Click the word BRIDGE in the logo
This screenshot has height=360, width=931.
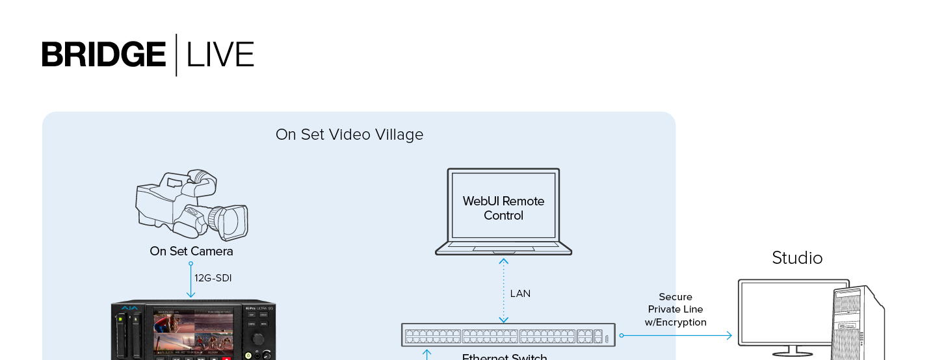click(104, 55)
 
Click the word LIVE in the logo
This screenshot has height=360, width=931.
click(220, 55)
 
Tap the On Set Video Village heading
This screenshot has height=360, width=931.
click(349, 135)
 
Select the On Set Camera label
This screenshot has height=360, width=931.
click(191, 251)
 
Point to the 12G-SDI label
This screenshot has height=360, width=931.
click(213, 278)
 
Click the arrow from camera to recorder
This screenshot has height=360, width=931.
click(191, 281)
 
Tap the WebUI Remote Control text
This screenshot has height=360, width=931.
click(503, 208)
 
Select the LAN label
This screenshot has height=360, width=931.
click(520, 294)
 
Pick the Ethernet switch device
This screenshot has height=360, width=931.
click(507, 335)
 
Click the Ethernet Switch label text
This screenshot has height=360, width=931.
click(505, 356)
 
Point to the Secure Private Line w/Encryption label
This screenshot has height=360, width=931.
click(675, 309)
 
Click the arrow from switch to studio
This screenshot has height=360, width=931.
click(676, 335)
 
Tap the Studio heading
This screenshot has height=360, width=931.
click(797, 258)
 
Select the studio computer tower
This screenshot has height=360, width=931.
click(858, 322)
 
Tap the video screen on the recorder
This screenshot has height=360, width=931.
click(193, 331)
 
